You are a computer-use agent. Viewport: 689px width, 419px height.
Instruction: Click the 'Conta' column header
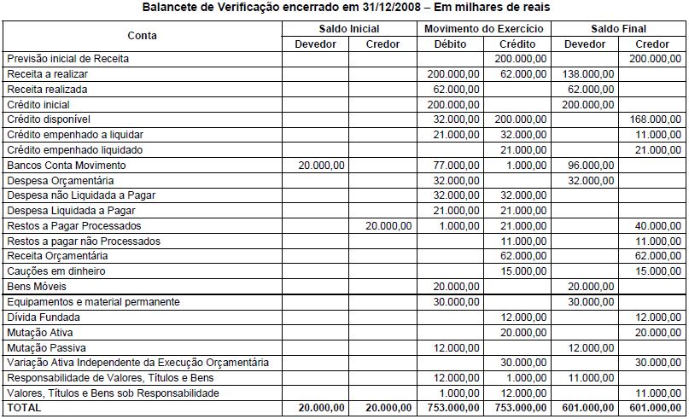click(x=142, y=36)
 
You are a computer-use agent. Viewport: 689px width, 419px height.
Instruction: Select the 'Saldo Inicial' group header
click(x=348, y=29)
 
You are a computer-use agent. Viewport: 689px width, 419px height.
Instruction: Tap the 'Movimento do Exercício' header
click(x=484, y=29)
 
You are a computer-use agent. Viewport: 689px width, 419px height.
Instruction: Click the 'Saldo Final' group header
click(x=619, y=29)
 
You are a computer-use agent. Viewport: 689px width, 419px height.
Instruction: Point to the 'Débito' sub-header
click(x=450, y=44)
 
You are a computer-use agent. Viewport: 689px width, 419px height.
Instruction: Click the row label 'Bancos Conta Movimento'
click(x=66, y=165)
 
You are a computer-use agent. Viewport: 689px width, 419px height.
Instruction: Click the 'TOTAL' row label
click(x=23, y=409)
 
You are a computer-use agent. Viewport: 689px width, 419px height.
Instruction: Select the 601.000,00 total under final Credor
click(x=654, y=409)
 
